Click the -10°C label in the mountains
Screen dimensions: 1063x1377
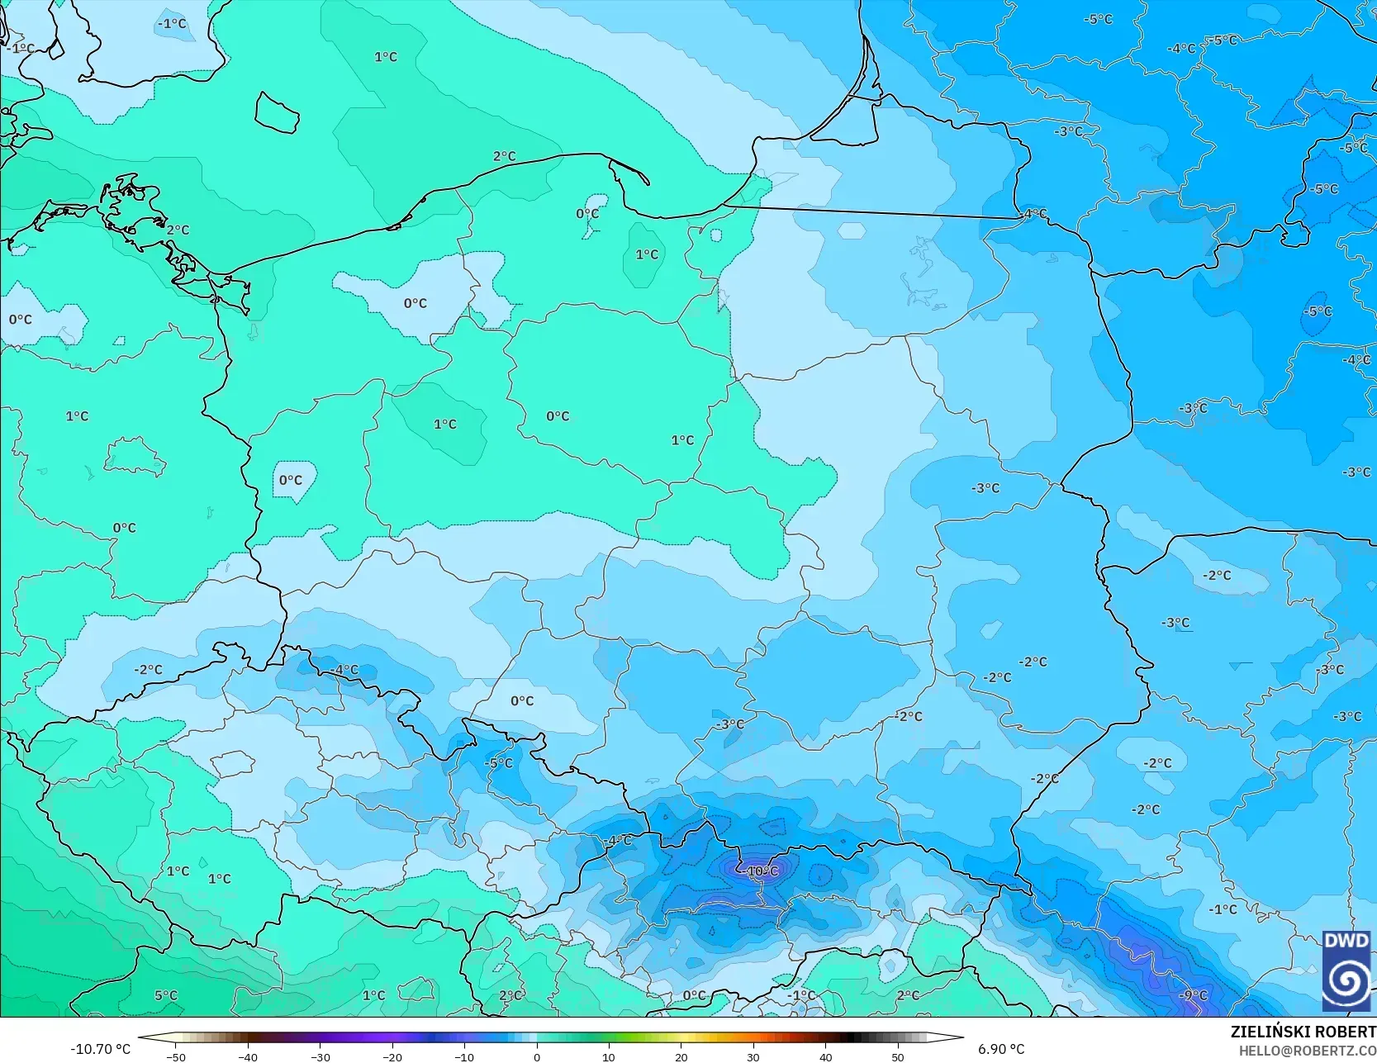[x=762, y=871]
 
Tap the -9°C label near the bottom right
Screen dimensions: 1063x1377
[x=1193, y=995]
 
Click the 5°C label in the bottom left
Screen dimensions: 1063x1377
[x=166, y=995]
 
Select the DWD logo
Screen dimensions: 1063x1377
[x=1346, y=970]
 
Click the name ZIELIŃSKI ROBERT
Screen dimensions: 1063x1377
[x=1303, y=1032]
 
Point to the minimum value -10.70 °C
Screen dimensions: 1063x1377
[x=100, y=1049]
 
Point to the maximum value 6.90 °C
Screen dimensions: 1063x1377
[x=1001, y=1049]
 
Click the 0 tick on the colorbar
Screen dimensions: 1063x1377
[x=536, y=1056]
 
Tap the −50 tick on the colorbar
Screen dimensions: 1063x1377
[x=175, y=1056]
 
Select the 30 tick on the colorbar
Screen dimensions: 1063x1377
[x=753, y=1056]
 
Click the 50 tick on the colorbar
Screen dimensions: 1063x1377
[x=897, y=1056]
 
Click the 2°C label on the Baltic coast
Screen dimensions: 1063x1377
[x=504, y=156]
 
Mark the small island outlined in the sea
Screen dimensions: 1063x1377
[x=277, y=112]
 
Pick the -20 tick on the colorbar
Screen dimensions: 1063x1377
[x=392, y=1056]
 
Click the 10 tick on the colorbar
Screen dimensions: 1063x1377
[x=608, y=1056]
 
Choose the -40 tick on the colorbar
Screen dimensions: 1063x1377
[x=247, y=1056]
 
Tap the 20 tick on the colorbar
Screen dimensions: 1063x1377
[x=681, y=1056]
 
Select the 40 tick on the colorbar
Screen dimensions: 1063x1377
[x=825, y=1056]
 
